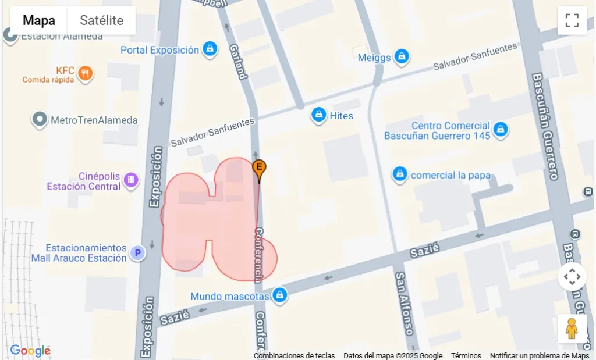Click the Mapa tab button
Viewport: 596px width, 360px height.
[x=39, y=21]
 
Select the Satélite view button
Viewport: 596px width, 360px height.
[x=101, y=21]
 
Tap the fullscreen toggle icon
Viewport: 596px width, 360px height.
[x=572, y=21]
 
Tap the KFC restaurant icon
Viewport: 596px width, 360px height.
[x=85, y=73]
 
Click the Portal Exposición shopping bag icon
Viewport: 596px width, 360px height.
[x=210, y=49]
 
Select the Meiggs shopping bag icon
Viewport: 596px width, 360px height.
[x=401, y=56]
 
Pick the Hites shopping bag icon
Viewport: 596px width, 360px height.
[x=318, y=115]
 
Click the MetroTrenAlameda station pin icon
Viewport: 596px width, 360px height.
[x=40, y=120]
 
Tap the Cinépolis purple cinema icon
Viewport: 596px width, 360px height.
[x=132, y=180]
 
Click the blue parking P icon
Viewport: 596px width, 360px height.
[x=137, y=253]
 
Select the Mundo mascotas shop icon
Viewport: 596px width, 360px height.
[x=280, y=295]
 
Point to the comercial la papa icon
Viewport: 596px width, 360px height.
[x=399, y=174]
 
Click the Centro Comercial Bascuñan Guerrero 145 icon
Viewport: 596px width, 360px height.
[x=500, y=130]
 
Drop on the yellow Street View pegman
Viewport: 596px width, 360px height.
[x=572, y=329]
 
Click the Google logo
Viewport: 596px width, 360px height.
[x=30, y=351]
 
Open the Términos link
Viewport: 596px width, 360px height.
[x=466, y=356]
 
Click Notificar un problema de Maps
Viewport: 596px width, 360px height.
[x=539, y=356]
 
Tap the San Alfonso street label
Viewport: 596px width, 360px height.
[x=406, y=302]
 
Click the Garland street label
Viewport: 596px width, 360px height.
[x=239, y=62]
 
